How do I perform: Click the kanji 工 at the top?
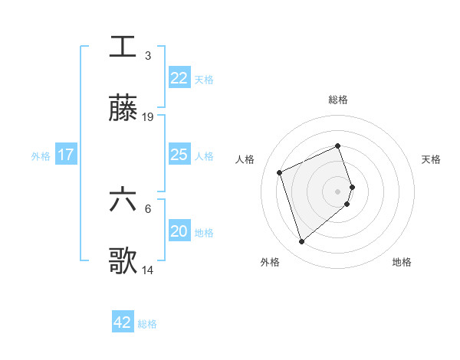pos(123,46)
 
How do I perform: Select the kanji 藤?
pos(123,109)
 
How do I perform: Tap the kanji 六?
pos(123,200)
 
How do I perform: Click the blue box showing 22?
pos(179,78)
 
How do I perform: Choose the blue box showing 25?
pos(179,155)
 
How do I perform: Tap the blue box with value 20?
pos(179,231)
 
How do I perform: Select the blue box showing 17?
pos(65,155)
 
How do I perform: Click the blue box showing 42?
pos(123,322)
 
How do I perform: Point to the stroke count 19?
pos(148,117)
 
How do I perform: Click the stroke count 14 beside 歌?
pos(148,270)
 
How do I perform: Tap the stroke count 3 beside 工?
pos(148,55)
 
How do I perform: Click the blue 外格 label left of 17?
pos(41,155)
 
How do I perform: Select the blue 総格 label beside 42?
pos(147,323)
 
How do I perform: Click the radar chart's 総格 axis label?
pos(338,100)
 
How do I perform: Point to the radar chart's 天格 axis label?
pos(431,159)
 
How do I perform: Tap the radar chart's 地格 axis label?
pos(402,262)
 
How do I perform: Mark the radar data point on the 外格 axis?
pos(301,242)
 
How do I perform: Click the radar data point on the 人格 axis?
pos(280,172)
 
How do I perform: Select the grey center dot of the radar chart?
pos(338,191)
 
